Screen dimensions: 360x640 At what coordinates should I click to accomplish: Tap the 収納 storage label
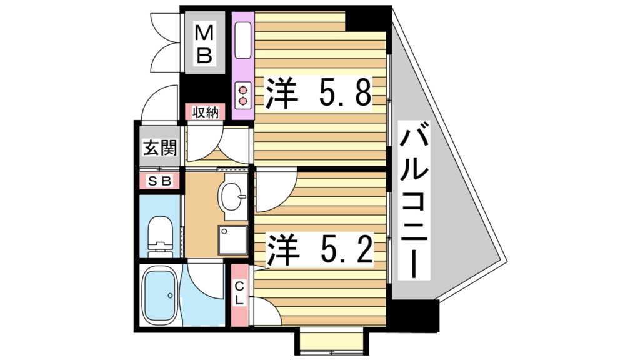204,112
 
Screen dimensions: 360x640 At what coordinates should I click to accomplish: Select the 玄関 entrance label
159,149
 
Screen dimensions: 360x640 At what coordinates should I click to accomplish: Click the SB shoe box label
159,181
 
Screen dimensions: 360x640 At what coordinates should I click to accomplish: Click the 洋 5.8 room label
319,94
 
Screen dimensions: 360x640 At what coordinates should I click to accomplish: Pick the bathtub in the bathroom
161,296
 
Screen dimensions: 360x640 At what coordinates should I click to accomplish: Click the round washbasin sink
232,198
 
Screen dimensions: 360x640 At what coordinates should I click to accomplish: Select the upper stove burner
242,89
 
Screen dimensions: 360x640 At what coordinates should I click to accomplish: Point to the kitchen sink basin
242,41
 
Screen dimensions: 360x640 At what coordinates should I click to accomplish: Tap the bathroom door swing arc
205,278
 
